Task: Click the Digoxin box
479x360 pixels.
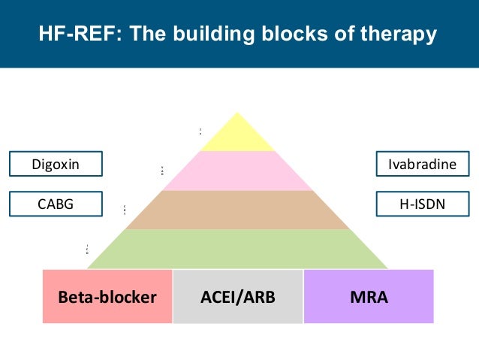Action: pos(56,164)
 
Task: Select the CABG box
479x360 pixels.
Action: pos(56,203)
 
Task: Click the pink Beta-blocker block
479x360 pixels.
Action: pos(107,296)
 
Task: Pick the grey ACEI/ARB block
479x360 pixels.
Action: pos(238,296)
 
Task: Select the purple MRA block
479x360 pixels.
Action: pos(369,296)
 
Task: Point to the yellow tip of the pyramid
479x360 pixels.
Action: pos(238,136)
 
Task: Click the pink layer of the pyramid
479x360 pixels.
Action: pos(238,171)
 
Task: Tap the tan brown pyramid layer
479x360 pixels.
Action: pos(238,210)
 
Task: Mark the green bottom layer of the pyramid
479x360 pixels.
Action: pos(238,249)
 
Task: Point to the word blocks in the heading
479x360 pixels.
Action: pos(291,35)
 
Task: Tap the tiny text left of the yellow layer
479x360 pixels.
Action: pos(200,132)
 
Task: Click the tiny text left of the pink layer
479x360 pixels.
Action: pos(163,171)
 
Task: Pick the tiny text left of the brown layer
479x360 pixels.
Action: pos(125,210)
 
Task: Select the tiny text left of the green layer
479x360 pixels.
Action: pos(87,249)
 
